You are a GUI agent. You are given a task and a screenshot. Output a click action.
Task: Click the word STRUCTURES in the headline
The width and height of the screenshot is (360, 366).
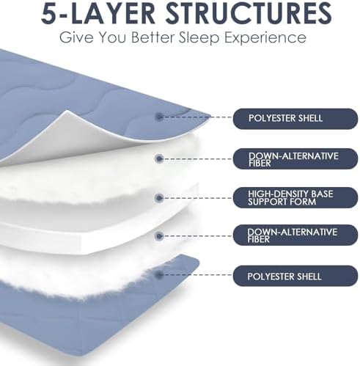click(x=249, y=12)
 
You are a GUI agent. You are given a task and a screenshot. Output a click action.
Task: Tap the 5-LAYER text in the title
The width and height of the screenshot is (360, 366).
click(x=98, y=12)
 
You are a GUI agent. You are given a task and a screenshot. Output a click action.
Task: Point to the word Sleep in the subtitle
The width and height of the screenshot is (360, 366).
click(x=199, y=37)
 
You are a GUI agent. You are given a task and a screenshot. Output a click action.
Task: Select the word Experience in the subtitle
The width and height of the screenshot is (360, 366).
click(x=265, y=37)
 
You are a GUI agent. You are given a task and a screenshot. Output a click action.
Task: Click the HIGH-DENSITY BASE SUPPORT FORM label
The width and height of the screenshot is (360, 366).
click(x=295, y=198)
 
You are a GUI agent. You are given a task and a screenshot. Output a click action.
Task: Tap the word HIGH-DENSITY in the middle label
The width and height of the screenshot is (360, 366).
click(x=274, y=194)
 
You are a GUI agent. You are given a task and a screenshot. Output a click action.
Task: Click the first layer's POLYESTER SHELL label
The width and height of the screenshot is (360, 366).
click(x=295, y=119)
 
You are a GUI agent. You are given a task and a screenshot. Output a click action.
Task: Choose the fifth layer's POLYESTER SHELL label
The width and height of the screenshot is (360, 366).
click(x=295, y=277)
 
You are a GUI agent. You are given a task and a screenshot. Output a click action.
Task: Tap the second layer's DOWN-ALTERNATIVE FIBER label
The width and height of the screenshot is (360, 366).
click(x=295, y=159)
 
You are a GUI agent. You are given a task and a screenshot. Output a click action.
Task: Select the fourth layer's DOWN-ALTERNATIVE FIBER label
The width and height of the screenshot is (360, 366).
click(x=295, y=235)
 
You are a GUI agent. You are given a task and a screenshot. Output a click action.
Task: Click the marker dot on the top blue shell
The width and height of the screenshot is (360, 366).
click(x=159, y=117)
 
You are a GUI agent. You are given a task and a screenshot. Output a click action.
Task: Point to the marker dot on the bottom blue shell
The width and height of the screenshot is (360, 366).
click(x=159, y=274)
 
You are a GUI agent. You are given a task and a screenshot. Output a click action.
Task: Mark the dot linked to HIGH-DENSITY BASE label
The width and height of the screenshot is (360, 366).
click(x=159, y=197)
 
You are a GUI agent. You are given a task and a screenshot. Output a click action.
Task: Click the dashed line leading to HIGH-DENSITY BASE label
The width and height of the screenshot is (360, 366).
click(x=198, y=197)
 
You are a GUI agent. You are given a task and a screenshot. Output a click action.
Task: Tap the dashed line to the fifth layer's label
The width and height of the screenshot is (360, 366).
click(x=198, y=274)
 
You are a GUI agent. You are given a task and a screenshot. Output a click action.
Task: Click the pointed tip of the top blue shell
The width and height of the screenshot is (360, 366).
click(x=210, y=115)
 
